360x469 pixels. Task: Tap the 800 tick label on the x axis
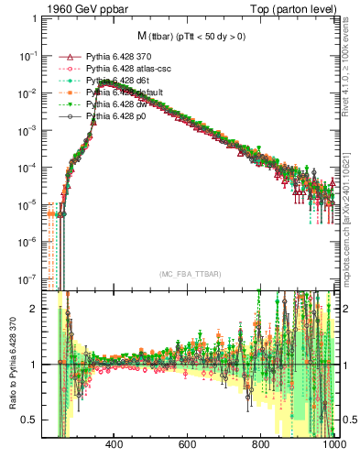click(x=262, y=444)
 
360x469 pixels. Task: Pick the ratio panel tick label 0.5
click(x=30, y=420)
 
